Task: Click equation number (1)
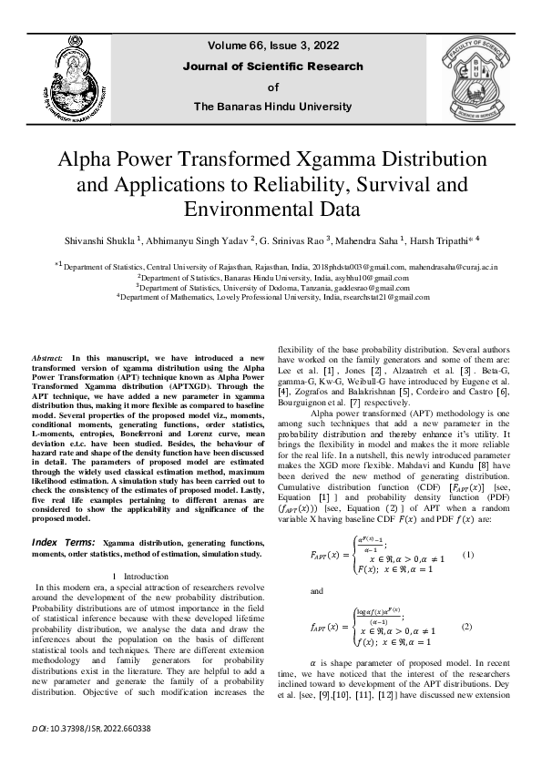(x=468, y=555)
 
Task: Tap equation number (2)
(x=467, y=627)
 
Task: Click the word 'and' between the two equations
(x=317, y=590)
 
